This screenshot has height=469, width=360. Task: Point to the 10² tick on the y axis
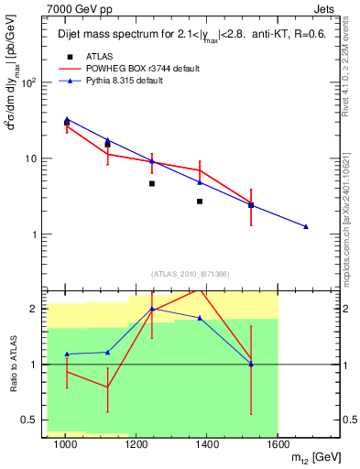pos(28,82)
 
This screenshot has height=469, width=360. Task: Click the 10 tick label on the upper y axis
pos(31,158)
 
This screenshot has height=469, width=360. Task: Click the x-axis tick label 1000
pos(65,444)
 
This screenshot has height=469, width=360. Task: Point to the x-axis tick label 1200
pos(136,444)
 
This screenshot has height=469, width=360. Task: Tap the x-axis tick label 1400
pos(207,444)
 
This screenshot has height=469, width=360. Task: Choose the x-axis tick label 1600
pos(278,444)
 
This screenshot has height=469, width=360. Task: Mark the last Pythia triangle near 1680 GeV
pos(306,226)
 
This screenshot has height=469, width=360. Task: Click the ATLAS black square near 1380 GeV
pos(200,201)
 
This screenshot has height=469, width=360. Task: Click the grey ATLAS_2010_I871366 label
pos(190,274)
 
